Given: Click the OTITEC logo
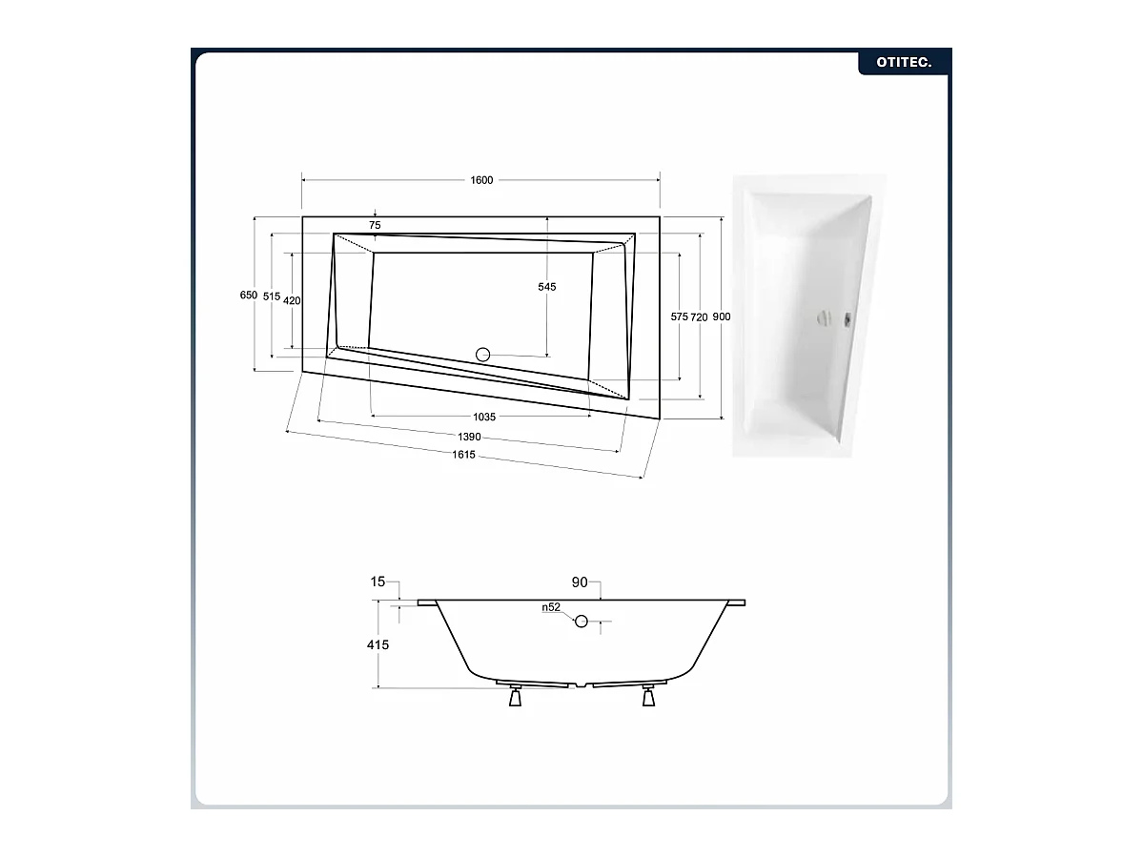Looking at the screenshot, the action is (904, 63).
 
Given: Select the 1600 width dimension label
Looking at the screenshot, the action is (481, 180).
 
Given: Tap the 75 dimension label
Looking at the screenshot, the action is (375, 225).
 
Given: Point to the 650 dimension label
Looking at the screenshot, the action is (249, 296).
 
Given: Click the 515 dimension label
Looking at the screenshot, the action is (272, 296).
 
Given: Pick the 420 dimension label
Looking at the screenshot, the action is (292, 300).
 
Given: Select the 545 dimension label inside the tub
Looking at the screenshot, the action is (547, 287).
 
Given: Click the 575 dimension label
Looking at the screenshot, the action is (680, 317).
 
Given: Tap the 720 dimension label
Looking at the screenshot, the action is (699, 317).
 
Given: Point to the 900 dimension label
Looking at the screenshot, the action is (722, 317).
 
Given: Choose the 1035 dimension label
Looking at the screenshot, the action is (484, 417).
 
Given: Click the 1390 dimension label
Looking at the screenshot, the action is (469, 437).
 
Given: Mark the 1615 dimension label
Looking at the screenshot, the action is (463, 455).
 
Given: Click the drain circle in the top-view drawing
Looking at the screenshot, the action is (482, 355).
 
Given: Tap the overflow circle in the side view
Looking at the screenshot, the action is (581, 621).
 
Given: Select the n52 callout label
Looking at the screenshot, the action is (551, 607).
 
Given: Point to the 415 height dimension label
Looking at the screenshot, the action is (378, 645).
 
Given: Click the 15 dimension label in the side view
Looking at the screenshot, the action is (378, 582).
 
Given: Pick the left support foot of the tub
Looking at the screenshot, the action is (516, 696).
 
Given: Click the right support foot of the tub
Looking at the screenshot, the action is (648, 696).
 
